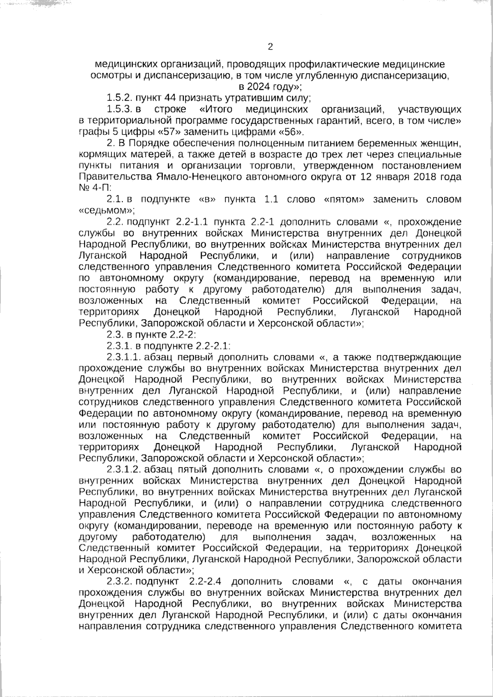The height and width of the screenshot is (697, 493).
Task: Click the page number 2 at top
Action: click(x=270, y=46)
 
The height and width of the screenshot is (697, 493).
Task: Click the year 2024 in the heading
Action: click(x=257, y=87)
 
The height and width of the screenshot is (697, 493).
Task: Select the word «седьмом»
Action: click(x=106, y=211)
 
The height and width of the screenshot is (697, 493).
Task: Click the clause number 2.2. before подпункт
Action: click(x=115, y=222)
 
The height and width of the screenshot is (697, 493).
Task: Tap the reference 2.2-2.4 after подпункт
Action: click(x=207, y=582)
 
